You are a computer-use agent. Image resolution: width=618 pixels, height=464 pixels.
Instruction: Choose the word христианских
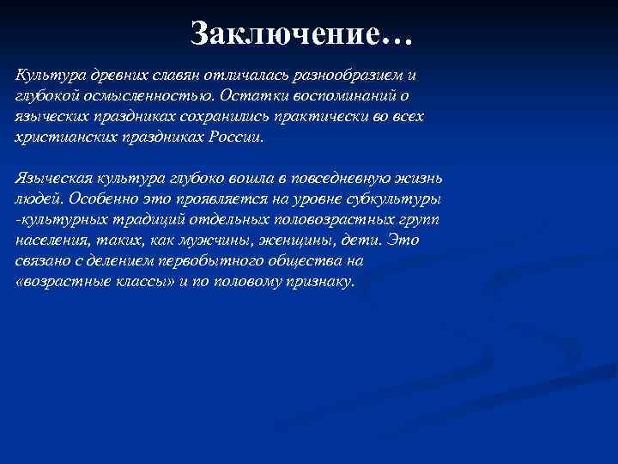coord(56,136)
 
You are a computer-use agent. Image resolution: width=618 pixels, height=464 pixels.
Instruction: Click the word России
coord(242,136)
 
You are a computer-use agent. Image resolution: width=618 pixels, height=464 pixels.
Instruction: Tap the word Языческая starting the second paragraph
coord(50,178)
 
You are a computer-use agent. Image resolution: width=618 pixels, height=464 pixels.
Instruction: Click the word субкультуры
coord(396,198)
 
